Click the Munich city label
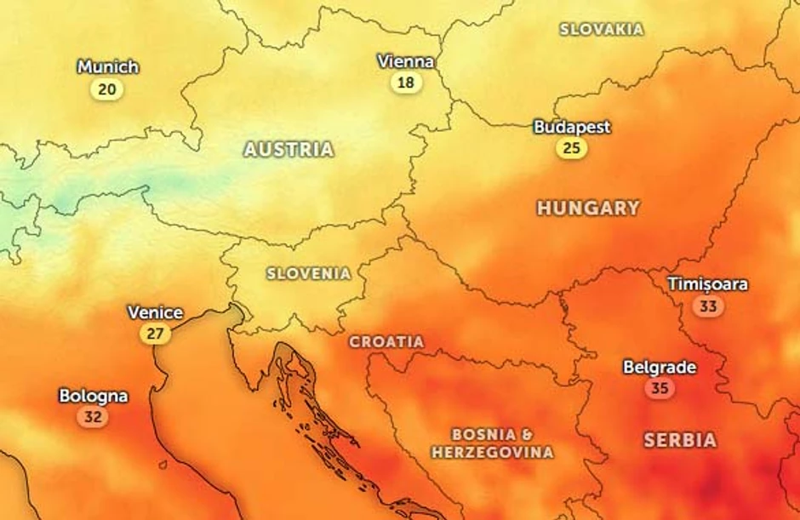click(107, 66)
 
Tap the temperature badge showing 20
click(107, 89)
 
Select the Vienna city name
click(406, 61)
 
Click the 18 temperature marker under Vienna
click(406, 83)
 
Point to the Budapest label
click(572, 127)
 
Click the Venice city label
click(155, 312)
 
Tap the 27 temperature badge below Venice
click(155, 334)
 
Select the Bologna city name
click(94, 396)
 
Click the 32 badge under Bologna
click(93, 417)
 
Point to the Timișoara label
click(707, 283)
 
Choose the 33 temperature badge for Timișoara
click(706, 306)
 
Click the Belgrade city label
click(660, 368)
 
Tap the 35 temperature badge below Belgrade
click(660, 389)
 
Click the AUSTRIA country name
click(289, 150)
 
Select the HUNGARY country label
click(588, 208)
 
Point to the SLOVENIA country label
click(309, 274)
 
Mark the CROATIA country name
click(386, 341)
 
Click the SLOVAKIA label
click(602, 30)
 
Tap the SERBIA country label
click(680, 440)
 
